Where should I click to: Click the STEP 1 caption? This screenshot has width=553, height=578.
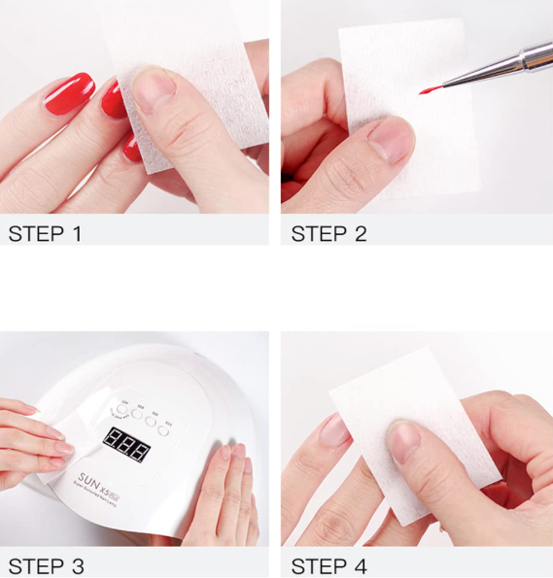[45, 233]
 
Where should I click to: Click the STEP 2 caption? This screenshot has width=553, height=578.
[328, 233]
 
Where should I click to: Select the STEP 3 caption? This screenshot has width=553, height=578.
[45, 565]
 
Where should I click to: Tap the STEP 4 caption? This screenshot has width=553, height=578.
[328, 565]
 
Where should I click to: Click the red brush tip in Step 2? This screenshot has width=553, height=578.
[427, 90]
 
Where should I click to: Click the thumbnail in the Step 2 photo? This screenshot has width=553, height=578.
[392, 138]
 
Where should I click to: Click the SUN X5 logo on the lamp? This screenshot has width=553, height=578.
[102, 479]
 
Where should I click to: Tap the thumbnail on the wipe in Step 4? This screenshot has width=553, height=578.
[404, 442]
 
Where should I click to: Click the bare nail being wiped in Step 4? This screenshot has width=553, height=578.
[334, 430]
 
